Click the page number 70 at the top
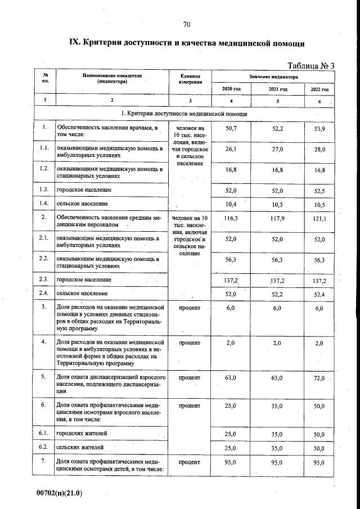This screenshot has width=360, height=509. click(187, 24)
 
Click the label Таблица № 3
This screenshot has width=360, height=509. click(311, 66)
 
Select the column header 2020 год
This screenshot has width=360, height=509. click(231, 89)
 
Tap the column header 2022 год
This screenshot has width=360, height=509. click(319, 89)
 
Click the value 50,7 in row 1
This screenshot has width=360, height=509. click(231, 129)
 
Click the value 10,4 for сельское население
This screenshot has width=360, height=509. click(231, 203)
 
